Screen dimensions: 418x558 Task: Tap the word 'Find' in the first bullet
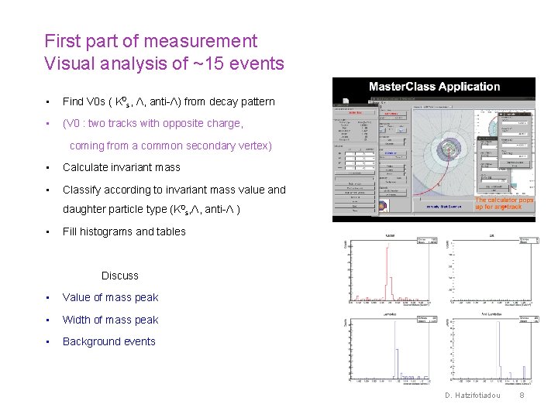(73, 101)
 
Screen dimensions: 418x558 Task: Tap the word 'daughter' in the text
(84, 209)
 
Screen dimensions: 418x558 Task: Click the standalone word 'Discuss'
(120, 276)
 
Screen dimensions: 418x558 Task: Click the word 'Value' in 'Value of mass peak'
(77, 297)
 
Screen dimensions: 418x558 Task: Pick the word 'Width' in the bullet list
(77, 320)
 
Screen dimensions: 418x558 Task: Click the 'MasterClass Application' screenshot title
(434, 87)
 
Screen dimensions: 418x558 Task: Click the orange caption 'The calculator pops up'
(504, 203)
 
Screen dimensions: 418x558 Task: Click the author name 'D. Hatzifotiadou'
(473, 396)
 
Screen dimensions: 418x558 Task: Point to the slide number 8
(522, 396)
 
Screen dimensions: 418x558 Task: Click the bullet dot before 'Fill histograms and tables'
(48, 231)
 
